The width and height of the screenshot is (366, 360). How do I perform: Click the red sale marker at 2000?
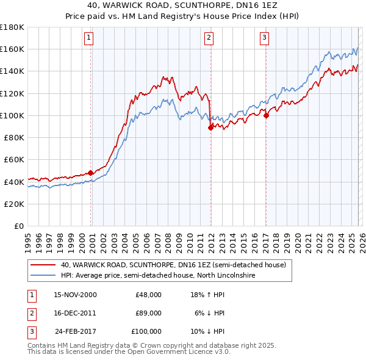click(x=91, y=173)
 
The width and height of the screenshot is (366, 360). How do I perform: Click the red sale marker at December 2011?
click(x=210, y=128)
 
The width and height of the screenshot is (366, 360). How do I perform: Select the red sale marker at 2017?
click(x=266, y=115)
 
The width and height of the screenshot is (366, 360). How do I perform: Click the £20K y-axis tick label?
click(x=13, y=204)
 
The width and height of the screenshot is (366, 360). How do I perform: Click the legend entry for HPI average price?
click(x=159, y=276)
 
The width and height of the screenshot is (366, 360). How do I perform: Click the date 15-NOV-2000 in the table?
click(x=76, y=294)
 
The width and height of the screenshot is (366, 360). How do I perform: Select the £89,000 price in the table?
click(x=148, y=313)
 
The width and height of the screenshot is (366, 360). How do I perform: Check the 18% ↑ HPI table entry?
click(x=208, y=294)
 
